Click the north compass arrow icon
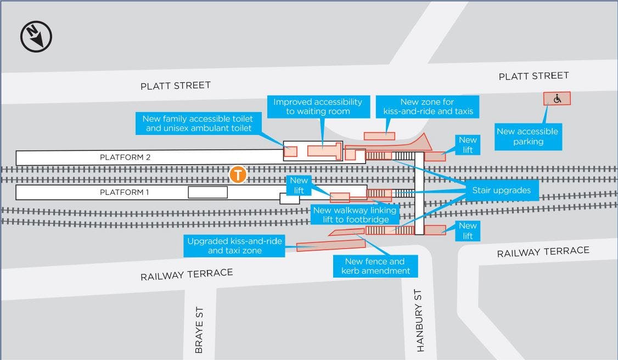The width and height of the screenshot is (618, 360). pos(36,37)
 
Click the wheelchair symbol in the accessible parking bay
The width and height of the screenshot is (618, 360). pos(557,99)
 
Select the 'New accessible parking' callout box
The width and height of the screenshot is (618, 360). pos(528,137)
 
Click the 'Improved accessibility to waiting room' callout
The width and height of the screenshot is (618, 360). pos(318,106)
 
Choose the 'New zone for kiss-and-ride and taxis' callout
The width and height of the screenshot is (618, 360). pos(427,106)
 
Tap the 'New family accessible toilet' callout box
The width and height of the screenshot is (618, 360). pos(198,123)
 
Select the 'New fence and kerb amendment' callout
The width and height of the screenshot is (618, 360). pos(375,266)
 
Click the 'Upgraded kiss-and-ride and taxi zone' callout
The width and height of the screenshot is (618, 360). pos(234,246)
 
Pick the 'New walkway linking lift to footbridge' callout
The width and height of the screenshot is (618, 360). pos(355,215)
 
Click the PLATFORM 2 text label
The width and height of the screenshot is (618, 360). pos(125,157)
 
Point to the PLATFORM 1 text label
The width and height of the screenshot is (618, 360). pos(125,193)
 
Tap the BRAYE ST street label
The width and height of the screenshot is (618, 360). pos(199,329)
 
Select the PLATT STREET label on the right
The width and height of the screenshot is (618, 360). pos(533,76)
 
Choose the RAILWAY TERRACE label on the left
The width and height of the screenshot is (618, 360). pos(187,274)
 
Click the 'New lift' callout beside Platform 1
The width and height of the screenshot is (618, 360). pos(300,184)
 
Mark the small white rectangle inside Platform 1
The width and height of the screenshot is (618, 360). pos(207,192)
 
